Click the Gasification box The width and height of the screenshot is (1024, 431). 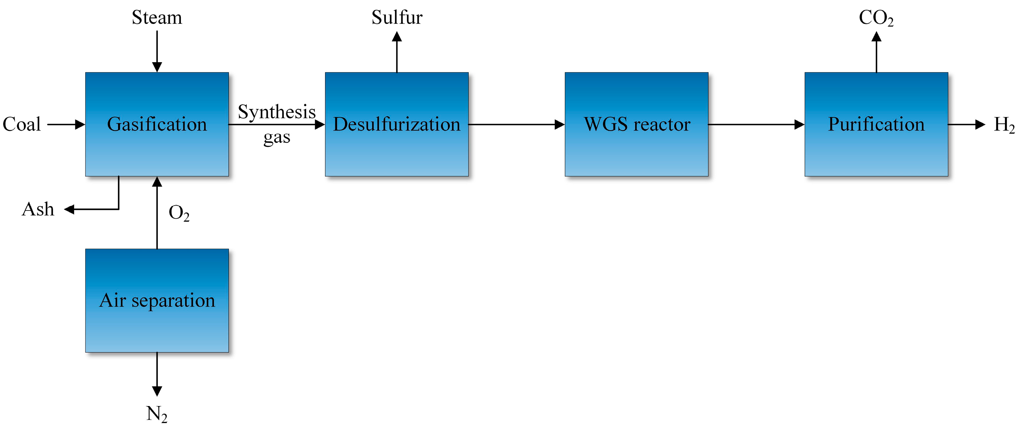click(157, 124)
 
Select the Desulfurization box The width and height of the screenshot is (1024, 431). click(396, 124)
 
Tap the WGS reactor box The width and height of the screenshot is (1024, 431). click(636, 124)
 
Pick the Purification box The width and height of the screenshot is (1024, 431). click(876, 124)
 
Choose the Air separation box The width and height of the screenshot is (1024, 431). click(157, 301)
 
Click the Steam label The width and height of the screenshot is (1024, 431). click(157, 18)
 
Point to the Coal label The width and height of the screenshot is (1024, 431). click(22, 124)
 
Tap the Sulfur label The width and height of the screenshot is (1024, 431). click(397, 18)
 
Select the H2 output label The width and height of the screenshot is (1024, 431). click(1004, 125)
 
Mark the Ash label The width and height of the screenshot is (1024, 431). click(38, 209)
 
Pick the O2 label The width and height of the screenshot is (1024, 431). click(179, 213)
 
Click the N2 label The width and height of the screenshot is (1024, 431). click(157, 414)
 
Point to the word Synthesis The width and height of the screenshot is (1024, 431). click(277, 112)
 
